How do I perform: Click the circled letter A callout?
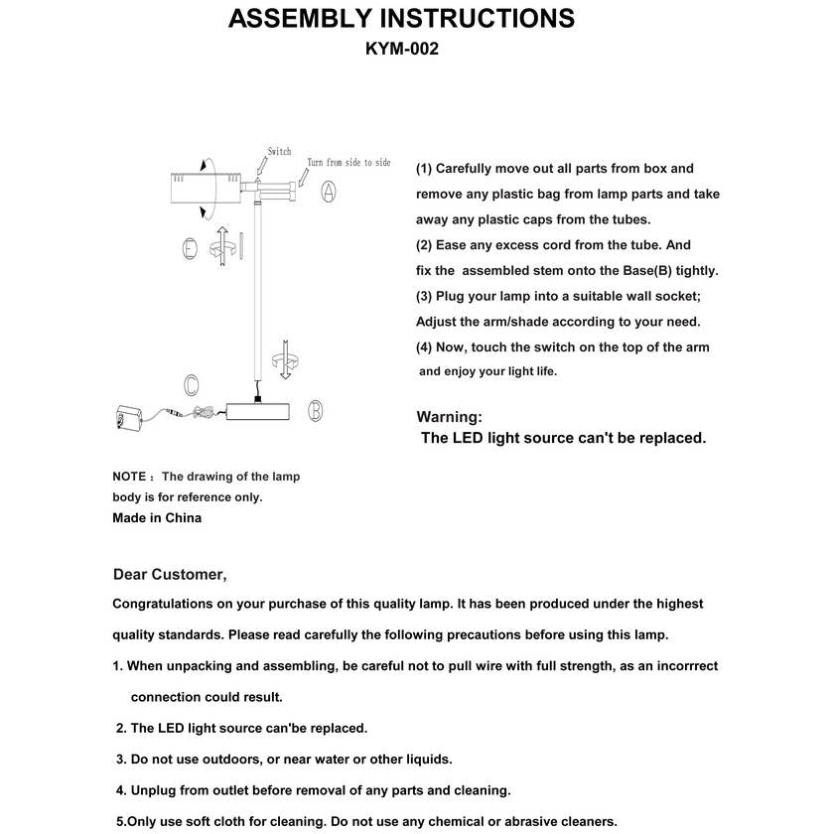[x=329, y=193]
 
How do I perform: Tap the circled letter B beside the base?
[x=315, y=410]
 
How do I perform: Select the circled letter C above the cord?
[x=191, y=384]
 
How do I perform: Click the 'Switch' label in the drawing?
[x=279, y=152]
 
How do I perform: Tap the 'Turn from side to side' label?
[x=348, y=163]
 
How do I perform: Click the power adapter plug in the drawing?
[x=128, y=417]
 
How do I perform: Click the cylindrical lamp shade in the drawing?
[x=205, y=188]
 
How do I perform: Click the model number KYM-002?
[x=402, y=48]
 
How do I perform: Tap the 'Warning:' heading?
[x=449, y=417]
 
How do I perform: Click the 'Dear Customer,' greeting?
[x=170, y=574]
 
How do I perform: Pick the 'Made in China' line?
[x=157, y=517]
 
